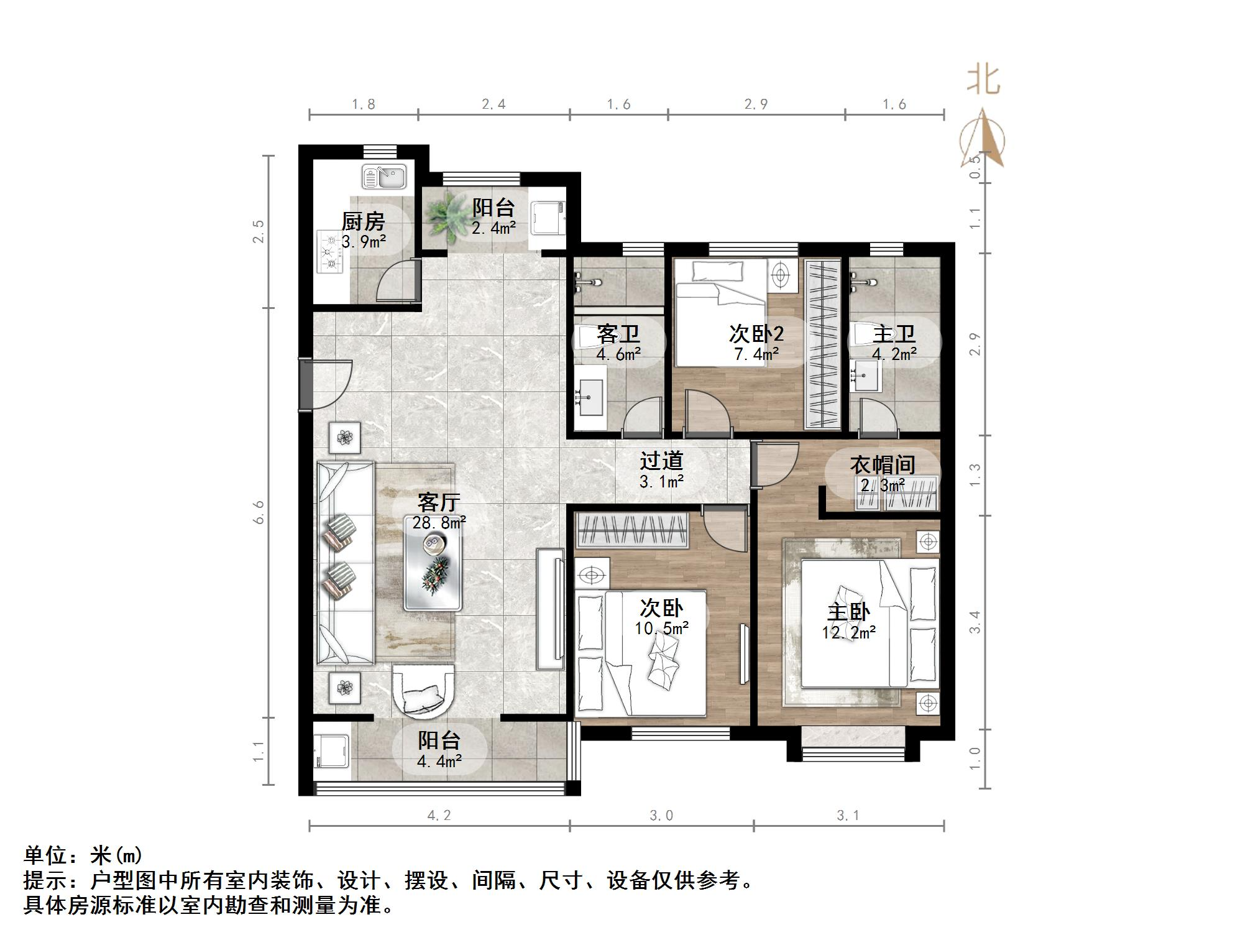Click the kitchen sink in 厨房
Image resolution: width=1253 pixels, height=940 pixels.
click(384, 177)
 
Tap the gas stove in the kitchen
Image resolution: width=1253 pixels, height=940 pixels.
click(331, 251)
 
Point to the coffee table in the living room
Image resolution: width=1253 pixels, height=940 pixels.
click(434, 563)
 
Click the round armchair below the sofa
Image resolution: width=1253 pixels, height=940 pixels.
click(423, 690)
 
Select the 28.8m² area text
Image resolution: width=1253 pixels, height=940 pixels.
click(439, 523)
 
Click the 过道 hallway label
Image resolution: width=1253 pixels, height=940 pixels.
click(661, 461)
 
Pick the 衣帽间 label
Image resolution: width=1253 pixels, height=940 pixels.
click(883, 464)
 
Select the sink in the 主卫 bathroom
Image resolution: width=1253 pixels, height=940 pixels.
click(866, 376)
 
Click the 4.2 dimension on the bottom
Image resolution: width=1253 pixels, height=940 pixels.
click(439, 816)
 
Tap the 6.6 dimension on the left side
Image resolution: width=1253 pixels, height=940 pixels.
click(259, 512)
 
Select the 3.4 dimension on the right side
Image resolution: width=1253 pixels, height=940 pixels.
click(975, 622)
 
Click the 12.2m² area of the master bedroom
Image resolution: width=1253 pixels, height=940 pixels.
click(848, 633)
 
